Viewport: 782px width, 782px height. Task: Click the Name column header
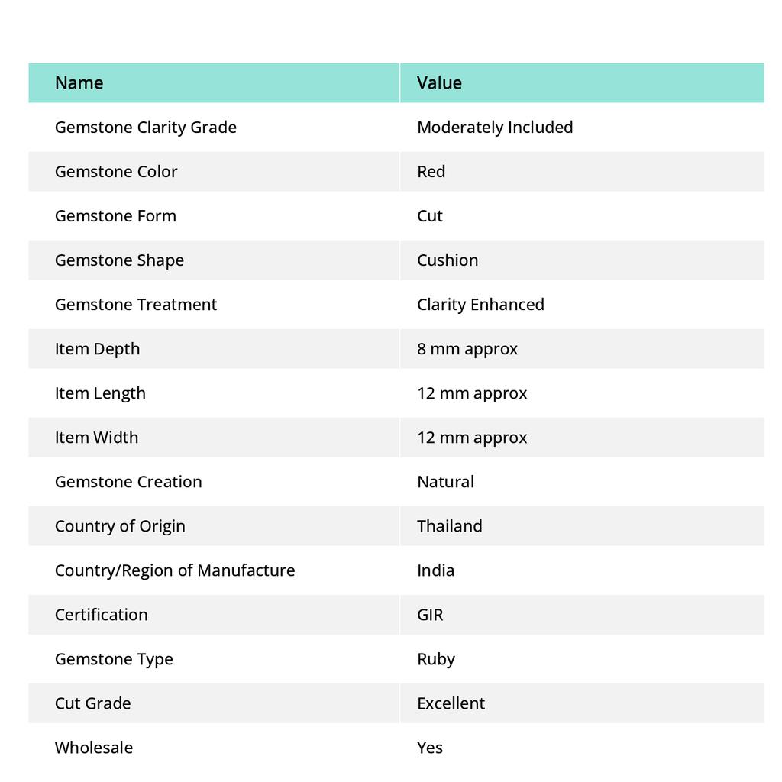click(x=79, y=82)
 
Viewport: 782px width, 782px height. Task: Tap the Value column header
click(x=439, y=82)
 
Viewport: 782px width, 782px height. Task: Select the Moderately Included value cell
click(x=495, y=128)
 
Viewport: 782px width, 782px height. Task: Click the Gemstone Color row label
click(x=116, y=172)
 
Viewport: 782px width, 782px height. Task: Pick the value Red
click(x=431, y=172)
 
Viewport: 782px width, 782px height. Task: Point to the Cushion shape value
click(x=448, y=260)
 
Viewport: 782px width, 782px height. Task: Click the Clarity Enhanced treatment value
click(x=480, y=305)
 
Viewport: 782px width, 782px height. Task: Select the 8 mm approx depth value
click(x=467, y=349)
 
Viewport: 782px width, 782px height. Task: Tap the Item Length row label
click(x=100, y=393)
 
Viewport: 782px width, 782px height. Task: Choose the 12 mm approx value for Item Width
click(x=472, y=438)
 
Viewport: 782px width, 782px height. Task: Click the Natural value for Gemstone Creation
click(x=445, y=482)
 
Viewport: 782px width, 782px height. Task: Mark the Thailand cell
click(x=450, y=526)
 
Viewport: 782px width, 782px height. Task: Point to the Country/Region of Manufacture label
click(x=175, y=570)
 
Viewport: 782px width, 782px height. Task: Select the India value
click(x=436, y=570)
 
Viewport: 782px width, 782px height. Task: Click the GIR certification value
click(x=430, y=615)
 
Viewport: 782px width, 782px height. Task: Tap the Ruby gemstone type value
click(x=436, y=659)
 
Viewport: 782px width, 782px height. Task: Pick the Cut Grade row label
click(x=93, y=703)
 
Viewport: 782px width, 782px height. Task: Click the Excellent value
click(x=451, y=703)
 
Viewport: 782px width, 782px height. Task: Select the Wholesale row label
click(x=94, y=748)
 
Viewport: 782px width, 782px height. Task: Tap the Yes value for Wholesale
click(x=430, y=748)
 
